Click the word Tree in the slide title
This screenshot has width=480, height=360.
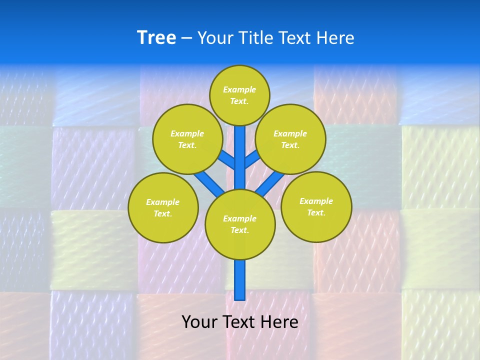[x=156, y=38]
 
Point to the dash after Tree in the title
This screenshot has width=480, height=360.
[x=186, y=38]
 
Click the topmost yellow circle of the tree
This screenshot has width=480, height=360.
[x=239, y=95]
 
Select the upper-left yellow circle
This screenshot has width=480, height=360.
[x=187, y=139]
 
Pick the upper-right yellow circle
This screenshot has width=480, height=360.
[x=290, y=139]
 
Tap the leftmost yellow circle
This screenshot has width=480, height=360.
[x=163, y=207]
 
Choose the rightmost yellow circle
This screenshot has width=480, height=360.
[x=316, y=206]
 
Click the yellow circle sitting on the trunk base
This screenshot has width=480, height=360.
[x=240, y=224]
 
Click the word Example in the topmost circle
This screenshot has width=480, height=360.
[x=239, y=89]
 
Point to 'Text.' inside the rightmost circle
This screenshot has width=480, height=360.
[x=316, y=212]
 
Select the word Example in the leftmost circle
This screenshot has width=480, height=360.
[x=163, y=202]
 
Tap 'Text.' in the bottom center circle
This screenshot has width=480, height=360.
[x=240, y=230]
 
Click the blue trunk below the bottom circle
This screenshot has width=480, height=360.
[x=240, y=280]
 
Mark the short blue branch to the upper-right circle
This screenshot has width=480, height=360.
[x=252, y=159]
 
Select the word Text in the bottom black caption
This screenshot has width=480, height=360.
[x=238, y=321]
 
